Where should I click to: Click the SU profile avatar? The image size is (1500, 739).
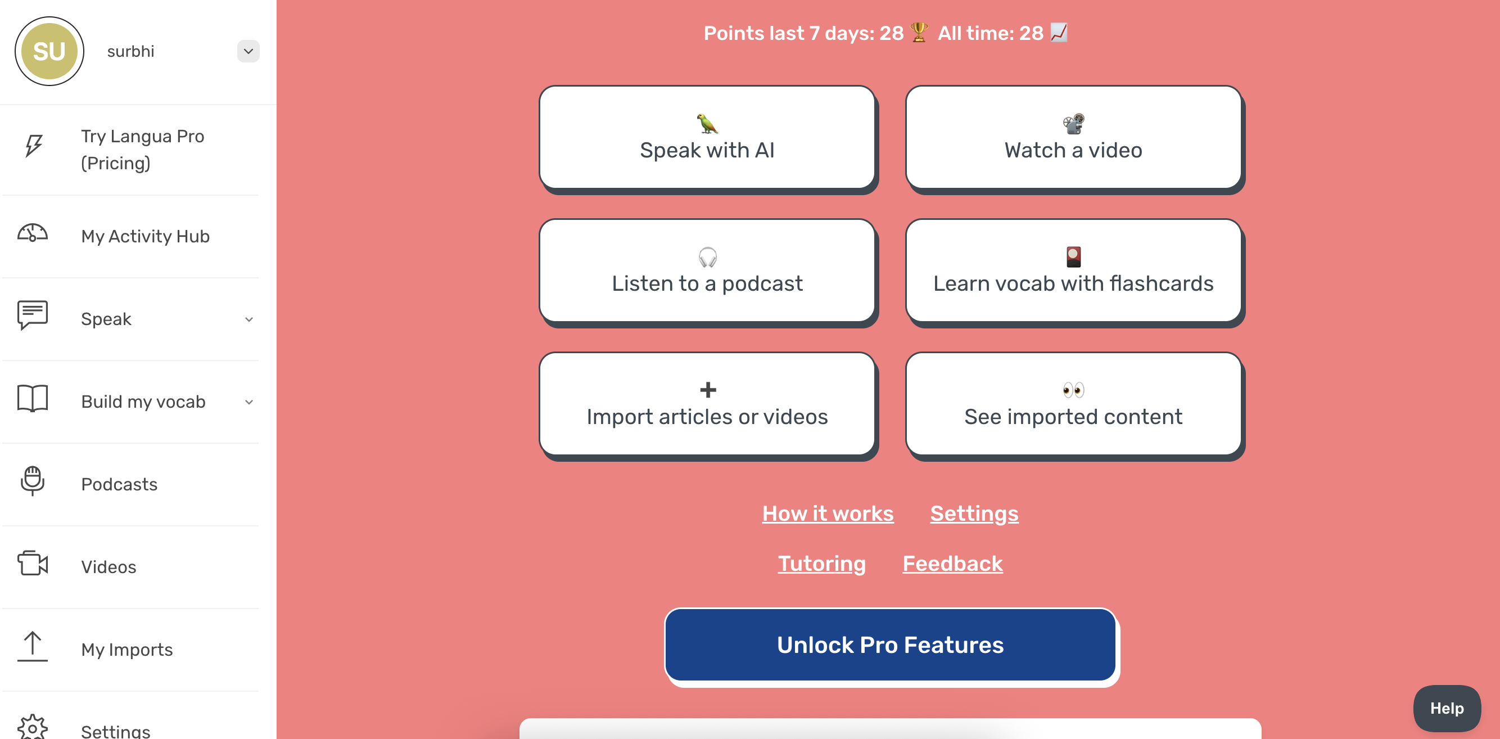coord(49,51)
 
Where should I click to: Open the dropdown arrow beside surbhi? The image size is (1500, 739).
coord(248,51)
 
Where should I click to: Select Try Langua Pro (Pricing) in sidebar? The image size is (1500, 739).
coord(143,150)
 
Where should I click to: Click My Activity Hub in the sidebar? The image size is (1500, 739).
coord(145,236)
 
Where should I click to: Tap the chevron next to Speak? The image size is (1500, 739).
coord(249,319)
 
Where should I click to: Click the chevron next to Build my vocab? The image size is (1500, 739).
coord(249,402)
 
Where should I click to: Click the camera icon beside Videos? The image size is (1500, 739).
coord(33,563)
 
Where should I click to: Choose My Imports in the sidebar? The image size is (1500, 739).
coord(127,650)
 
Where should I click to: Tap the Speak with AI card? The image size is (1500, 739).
coord(707,137)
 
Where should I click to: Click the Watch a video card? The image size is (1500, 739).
coord(1073,137)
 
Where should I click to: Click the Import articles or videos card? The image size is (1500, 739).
coord(707,404)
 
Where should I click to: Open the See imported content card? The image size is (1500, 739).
coord(1073,404)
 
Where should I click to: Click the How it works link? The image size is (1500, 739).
coord(828,513)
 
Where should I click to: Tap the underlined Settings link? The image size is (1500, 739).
coord(974,513)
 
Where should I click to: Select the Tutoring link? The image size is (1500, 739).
coord(821,564)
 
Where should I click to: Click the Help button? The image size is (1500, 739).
coord(1447,708)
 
